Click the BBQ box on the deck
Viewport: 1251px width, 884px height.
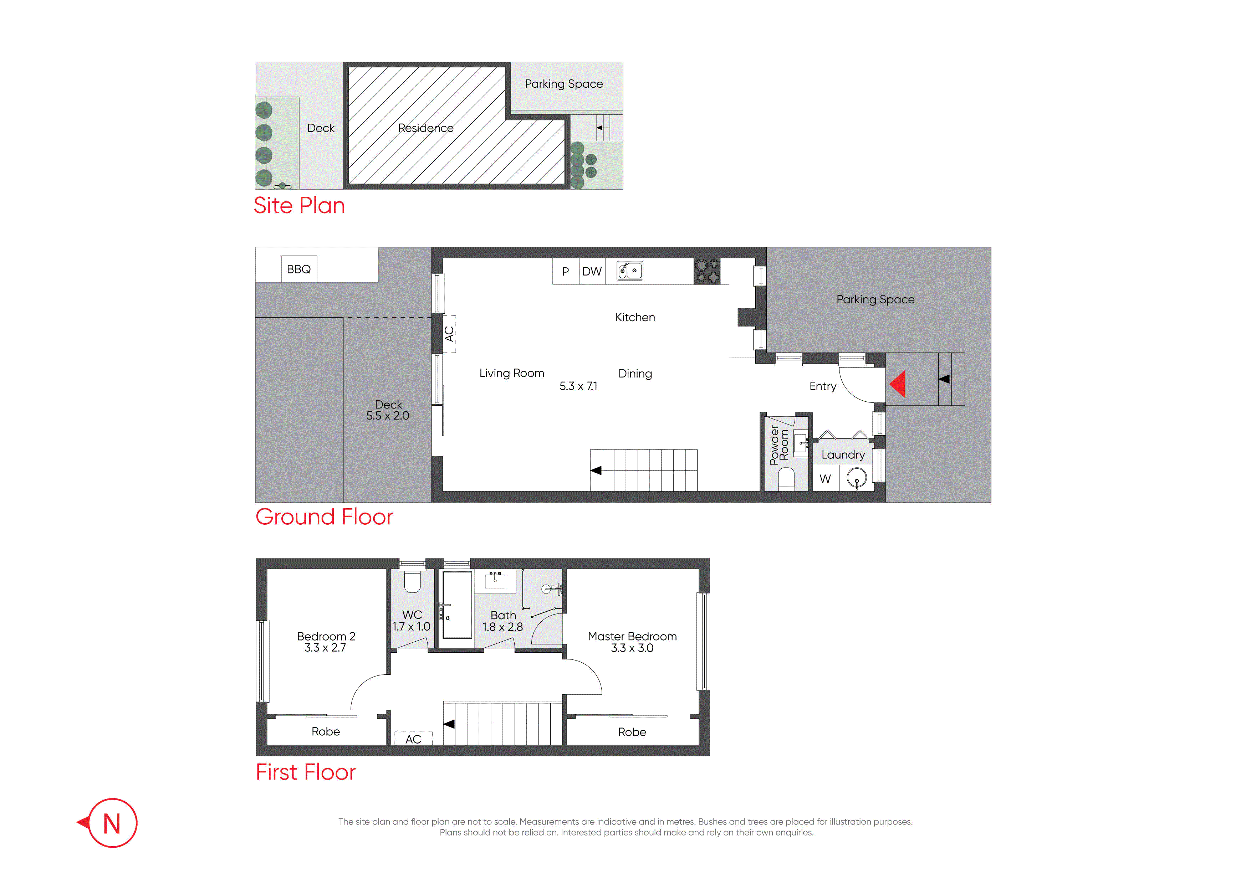tap(299, 269)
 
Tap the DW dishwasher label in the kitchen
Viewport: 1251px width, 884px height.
tap(592, 271)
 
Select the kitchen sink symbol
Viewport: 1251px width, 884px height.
tap(629, 270)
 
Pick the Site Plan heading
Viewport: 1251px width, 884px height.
tap(299, 205)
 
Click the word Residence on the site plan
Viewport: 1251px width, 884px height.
tap(425, 128)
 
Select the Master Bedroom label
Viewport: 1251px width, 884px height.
tap(632, 636)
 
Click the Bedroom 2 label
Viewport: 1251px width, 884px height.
tap(326, 636)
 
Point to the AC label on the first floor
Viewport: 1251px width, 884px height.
tap(413, 739)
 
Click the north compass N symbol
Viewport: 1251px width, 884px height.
tap(112, 823)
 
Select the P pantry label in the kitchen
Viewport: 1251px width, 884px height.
tap(566, 271)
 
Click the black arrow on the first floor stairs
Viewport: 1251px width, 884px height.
tap(449, 724)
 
